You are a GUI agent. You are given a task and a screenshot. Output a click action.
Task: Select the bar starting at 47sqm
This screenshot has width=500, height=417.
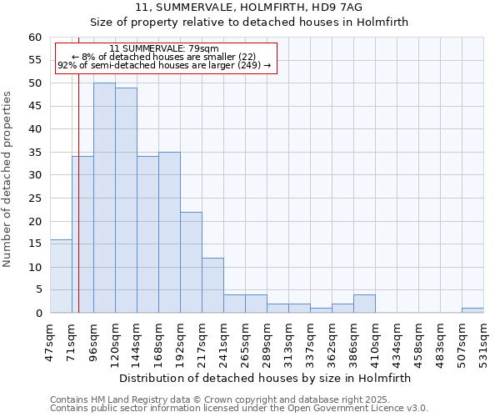point(61,276)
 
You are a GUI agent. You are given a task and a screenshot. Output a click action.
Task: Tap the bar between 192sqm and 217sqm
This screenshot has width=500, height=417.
point(191,262)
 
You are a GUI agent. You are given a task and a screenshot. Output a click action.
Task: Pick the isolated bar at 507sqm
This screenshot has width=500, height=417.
point(472,310)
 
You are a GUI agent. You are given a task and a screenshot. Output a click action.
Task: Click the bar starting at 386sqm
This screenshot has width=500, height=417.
point(364,304)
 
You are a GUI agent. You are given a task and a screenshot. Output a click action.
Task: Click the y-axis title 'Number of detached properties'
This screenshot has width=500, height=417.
point(7,179)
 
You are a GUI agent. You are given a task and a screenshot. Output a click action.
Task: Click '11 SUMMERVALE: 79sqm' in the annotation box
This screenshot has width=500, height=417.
point(164,48)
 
